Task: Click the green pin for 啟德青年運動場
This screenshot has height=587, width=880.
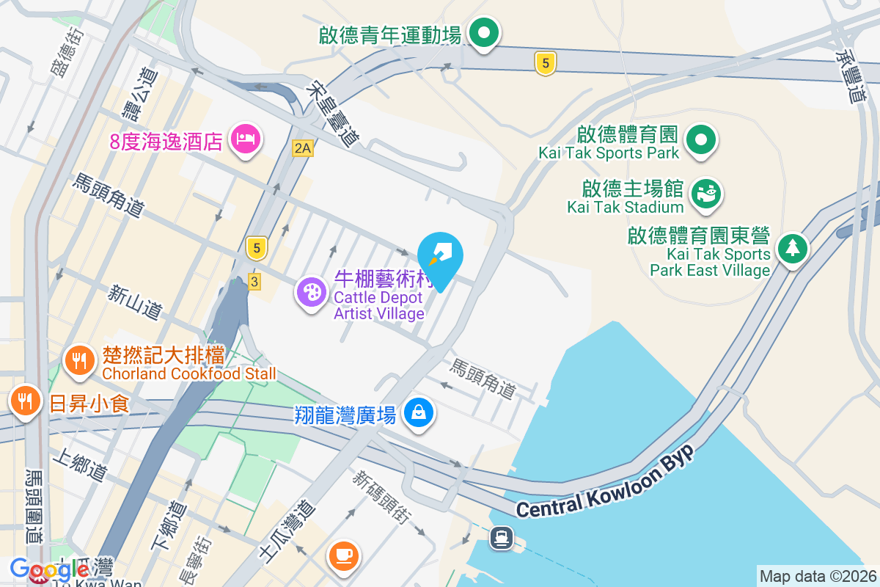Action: [x=484, y=33]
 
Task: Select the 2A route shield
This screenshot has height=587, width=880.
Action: [x=302, y=148]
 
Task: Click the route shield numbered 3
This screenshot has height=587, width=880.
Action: [x=254, y=281]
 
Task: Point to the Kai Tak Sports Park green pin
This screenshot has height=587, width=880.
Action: [x=701, y=139]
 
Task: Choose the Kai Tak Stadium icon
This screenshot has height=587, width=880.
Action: [x=708, y=194]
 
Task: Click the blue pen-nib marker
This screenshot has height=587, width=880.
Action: [x=441, y=256]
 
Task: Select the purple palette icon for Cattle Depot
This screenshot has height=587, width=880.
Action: [x=312, y=293]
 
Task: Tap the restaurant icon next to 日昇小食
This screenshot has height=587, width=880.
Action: [x=26, y=401]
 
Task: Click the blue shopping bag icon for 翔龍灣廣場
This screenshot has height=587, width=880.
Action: [x=418, y=413]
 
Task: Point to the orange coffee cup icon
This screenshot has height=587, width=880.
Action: [x=344, y=555]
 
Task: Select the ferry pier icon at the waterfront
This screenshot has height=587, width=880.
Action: [x=502, y=538]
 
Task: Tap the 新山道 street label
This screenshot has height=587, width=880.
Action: [x=134, y=302]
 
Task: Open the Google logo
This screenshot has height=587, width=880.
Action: [x=49, y=569]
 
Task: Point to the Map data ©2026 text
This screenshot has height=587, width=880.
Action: [x=817, y=576]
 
